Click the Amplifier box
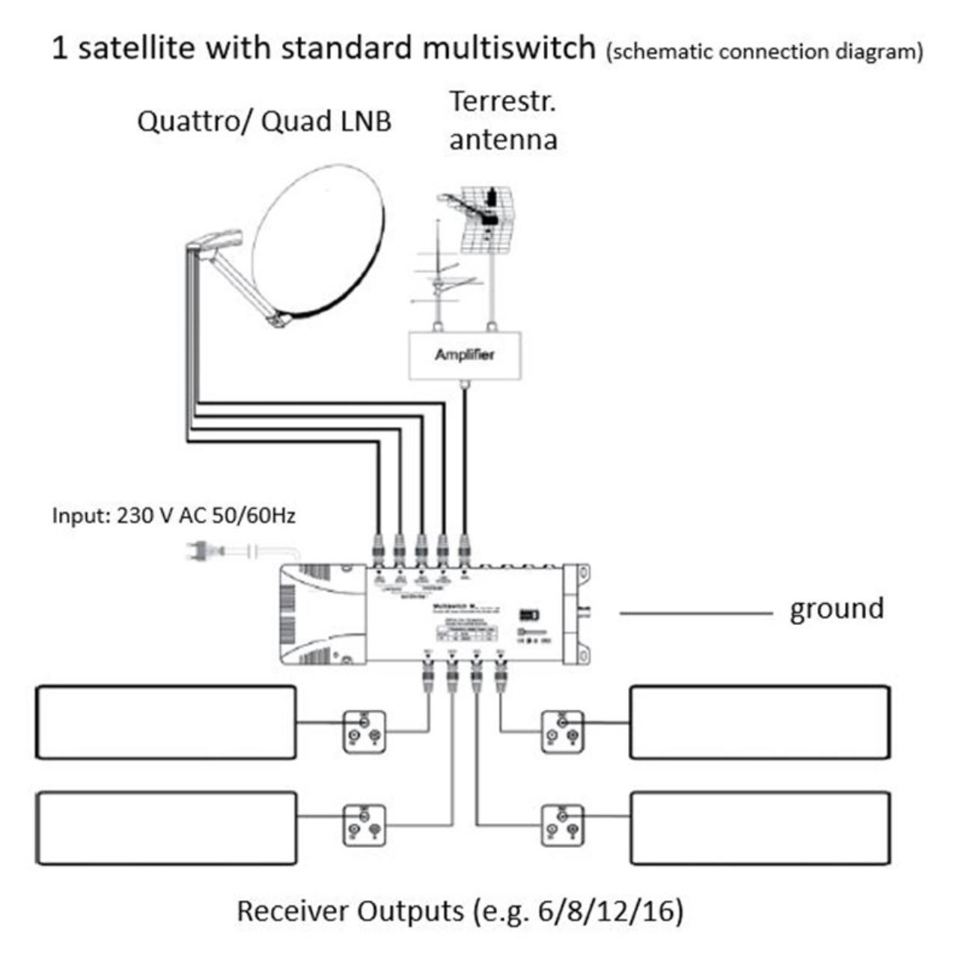coord(465,355)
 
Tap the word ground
coord(837,609)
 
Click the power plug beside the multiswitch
coord(202,552)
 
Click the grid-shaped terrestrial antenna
coord(483,217)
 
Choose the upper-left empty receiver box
coord(166,722)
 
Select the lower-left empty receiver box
coord(166,828)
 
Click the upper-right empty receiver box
coord(760,722)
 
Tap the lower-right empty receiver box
coord(760,828)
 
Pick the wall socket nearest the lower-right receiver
coord(562,825)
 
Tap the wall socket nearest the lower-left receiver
coord(364,825)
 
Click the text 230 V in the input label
coord(145,516)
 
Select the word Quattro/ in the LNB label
coord(193,121)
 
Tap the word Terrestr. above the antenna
coord(502,102)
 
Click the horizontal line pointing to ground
coord(696,614)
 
